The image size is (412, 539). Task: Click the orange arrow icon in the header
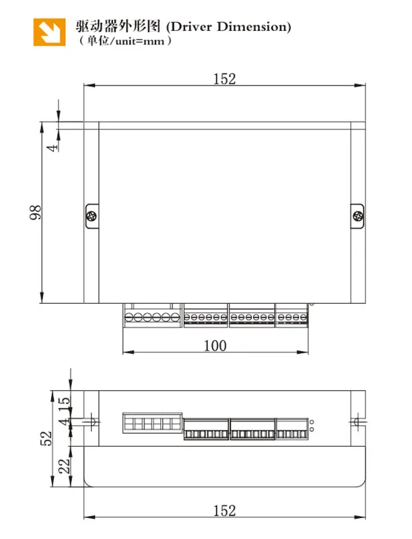(49, 32)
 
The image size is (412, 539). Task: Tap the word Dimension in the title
(252, 26)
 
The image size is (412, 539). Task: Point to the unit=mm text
(140, 42)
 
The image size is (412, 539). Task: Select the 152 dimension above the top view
(225, 79)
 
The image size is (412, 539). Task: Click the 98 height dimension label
(36, 212)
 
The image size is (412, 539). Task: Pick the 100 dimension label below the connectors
(215, 346)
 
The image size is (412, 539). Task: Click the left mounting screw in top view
(92, 216)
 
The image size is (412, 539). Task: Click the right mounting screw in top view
(357, 216)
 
